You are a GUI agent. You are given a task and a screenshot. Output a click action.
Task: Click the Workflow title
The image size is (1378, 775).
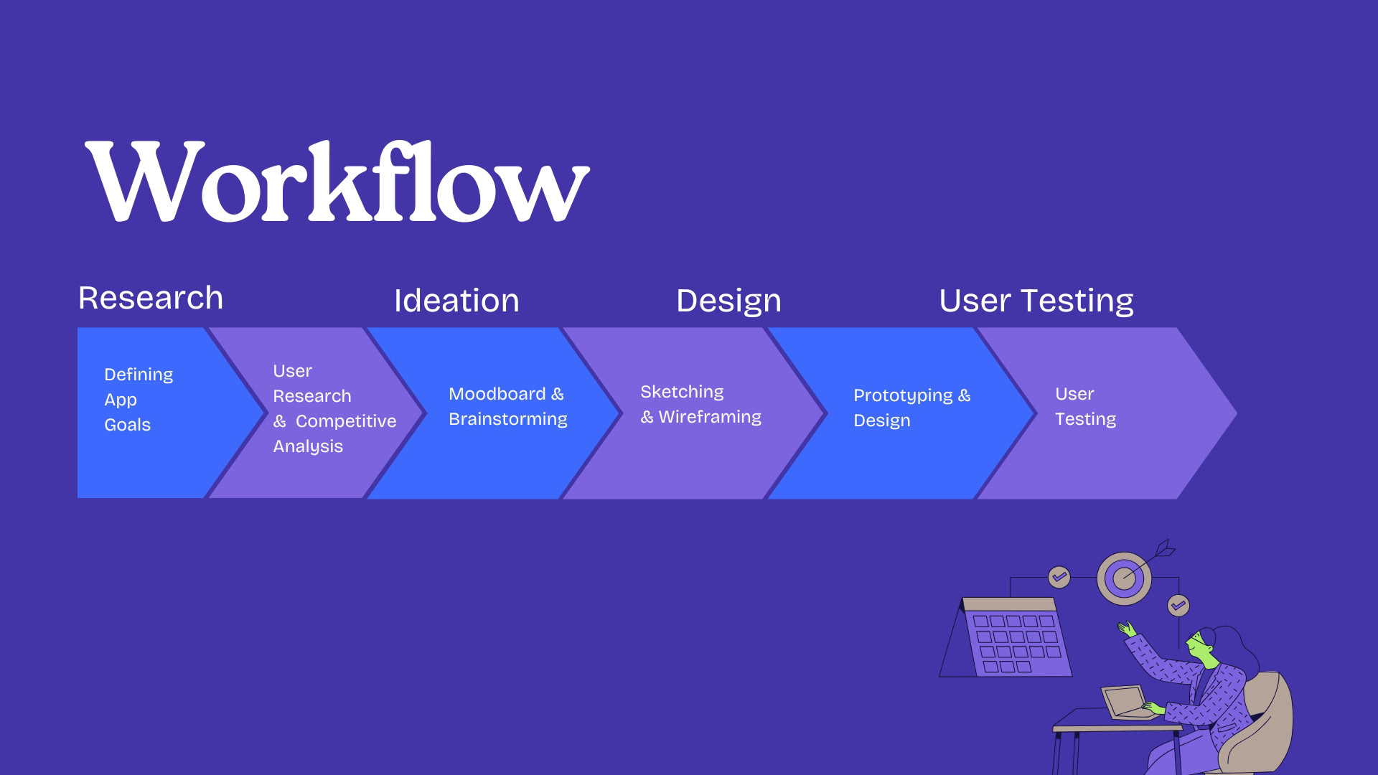[337, 183]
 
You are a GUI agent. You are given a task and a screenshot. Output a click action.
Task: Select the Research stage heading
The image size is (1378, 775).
[151, 298]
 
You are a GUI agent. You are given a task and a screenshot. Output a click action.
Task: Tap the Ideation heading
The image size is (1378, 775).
[456, 301]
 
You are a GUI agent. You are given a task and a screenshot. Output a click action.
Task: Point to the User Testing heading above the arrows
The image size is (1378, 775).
[1036, 301]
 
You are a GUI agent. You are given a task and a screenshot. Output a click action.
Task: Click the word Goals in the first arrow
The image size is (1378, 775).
[128, 425]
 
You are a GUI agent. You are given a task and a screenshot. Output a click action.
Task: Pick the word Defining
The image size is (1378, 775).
[139, 375]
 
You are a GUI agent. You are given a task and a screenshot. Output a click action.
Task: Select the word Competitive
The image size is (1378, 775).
[346, 421]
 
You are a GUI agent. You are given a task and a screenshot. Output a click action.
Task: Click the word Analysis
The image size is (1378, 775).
[308, 446]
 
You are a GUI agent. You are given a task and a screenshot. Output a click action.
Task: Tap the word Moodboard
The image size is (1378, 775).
[497, 394]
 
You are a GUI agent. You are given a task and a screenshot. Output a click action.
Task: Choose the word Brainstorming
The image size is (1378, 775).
[508, 419]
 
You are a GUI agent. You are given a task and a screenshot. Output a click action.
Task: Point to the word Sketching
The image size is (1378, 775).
[682, 392]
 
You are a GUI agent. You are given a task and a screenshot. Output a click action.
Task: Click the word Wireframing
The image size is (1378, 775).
[710, 417]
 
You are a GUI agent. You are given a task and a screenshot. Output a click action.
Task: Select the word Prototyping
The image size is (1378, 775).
[903, 395]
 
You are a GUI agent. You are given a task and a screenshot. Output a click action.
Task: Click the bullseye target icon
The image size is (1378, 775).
[1124, 578]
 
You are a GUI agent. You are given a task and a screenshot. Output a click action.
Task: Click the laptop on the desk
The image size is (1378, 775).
[1125, 702]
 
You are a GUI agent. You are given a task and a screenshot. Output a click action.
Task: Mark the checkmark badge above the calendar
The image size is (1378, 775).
[1059, 577]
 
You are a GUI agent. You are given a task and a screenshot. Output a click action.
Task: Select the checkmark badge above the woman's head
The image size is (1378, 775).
[1178, 606]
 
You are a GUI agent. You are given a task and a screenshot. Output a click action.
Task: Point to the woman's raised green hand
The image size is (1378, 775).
[1127, 629]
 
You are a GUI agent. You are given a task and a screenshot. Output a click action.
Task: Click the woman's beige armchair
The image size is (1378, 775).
[1267, 725]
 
